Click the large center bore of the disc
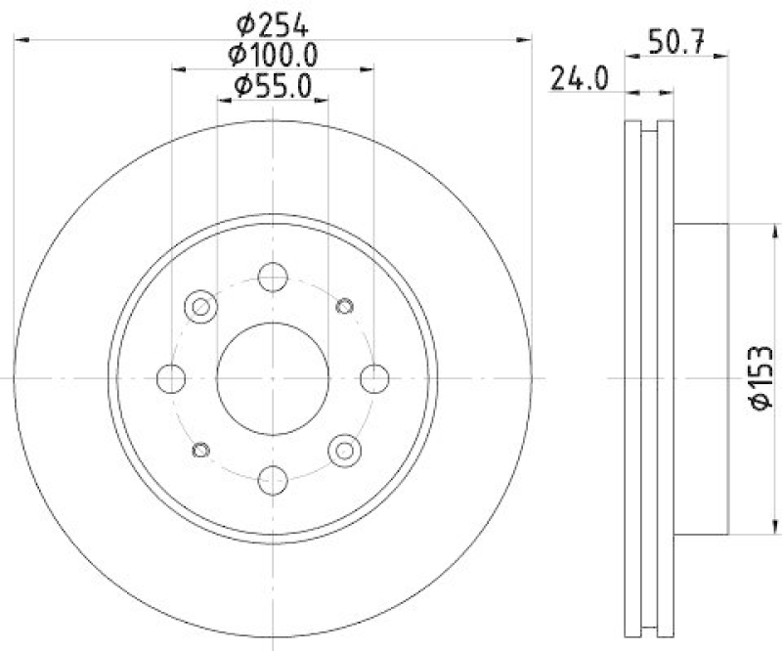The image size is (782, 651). pos(273,377)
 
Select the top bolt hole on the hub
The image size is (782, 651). pos(273,276)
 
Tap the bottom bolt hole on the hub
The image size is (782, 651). pos(273,479)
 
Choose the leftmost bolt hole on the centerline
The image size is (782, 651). pos(171,377)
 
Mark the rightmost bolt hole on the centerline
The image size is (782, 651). pos(374,377)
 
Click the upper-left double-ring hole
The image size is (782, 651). pos(200,306)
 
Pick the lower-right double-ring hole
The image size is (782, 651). pos(344,449)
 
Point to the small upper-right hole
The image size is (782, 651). pos(344,306)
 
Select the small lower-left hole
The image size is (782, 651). pos(201,449)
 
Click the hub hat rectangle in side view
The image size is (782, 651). pos(701,377)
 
